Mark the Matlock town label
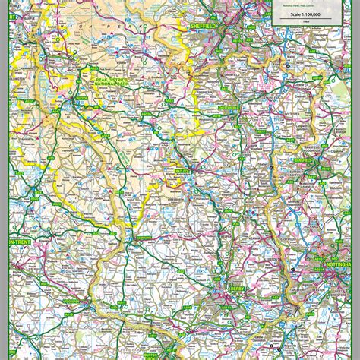click(182, 172)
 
